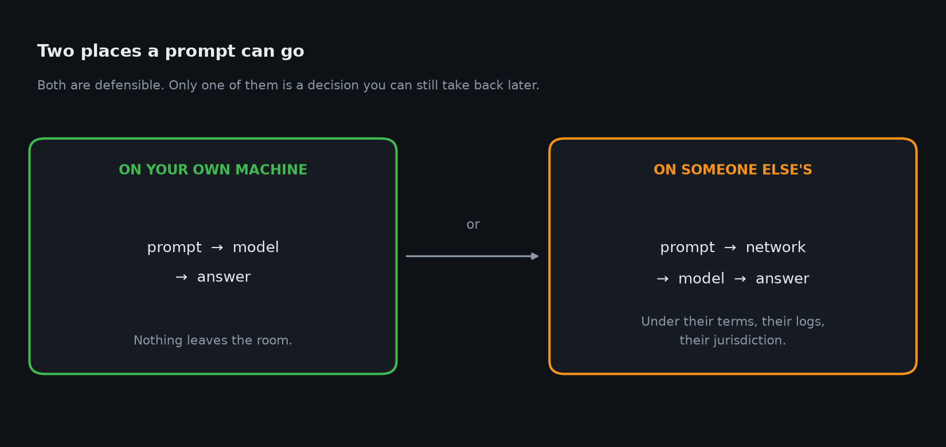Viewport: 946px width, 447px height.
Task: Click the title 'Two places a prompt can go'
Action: coord(171,52)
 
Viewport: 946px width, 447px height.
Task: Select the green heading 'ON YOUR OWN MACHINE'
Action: coord(213,170)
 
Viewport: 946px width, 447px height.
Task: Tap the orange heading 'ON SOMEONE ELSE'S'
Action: coord(733,170)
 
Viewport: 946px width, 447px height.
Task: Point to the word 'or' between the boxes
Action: coord(473,225)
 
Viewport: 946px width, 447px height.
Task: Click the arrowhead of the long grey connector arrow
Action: coord(535,256)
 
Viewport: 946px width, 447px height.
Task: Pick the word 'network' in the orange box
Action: coord(776,248)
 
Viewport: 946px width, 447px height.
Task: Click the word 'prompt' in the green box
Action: coord(174,248)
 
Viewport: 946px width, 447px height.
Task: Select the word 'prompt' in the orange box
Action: coord(687,248)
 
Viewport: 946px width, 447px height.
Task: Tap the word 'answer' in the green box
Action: coord(224,277)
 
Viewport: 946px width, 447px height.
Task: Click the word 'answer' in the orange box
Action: coord(783,279)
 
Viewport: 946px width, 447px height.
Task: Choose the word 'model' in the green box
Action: coord(256,248)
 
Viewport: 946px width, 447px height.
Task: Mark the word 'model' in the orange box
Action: coord(702,279)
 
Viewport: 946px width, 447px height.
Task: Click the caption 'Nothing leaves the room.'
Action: coord(213,340)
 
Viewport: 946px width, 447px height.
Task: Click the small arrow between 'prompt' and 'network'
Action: coord(730,248)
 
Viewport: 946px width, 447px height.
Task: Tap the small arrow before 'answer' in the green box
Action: coord(181,277)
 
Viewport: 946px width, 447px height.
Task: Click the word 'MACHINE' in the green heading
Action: coord(271,170)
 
